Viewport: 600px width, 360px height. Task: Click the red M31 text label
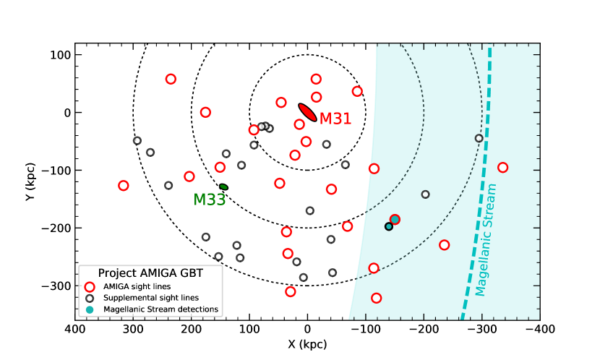point(335,119)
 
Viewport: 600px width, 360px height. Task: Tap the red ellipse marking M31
point(307,112)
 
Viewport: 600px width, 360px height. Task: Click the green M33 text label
point(210,200)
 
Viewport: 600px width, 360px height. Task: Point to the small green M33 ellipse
point(224,187)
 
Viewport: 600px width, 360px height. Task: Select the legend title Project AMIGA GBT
point(150,273)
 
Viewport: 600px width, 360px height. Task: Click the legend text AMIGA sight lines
point(137,286)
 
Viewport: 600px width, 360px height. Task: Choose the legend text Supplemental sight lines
point(151,298)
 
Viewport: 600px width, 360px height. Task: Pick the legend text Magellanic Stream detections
point(160,309)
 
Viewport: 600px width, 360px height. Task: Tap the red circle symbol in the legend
point(90,286)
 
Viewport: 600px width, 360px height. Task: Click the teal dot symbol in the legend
point(90,309)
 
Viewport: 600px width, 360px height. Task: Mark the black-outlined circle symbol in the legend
point(90,298)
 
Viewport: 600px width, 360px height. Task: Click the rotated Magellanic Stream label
point(486,240)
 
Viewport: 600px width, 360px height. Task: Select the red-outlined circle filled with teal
point(395,219)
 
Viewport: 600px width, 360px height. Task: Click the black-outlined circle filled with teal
point(389,226)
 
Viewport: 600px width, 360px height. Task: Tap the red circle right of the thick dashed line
point(503,168)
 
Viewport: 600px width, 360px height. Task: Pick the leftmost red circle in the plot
point(124,186)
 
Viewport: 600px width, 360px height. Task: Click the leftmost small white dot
point(137,140)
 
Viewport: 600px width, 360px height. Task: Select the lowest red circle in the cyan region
point(377,298)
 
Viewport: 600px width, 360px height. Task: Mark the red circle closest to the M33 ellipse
point(220,167)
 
